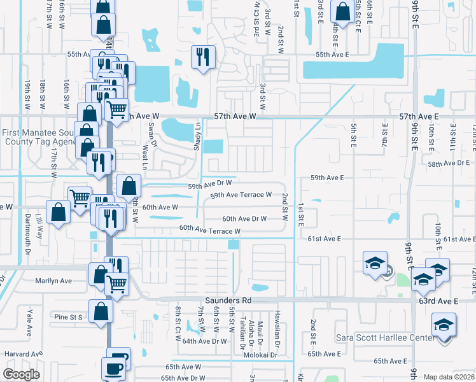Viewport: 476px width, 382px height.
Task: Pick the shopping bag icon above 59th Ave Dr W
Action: tap(129, 186)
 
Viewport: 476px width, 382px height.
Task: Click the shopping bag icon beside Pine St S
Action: tap(101, 311)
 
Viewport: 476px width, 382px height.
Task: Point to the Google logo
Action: tap(22, 374)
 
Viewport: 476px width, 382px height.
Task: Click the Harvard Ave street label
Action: tap(23, 353)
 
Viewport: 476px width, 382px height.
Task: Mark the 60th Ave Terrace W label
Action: tap(209, 229)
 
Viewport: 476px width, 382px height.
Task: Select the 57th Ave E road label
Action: tap(419, 117)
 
